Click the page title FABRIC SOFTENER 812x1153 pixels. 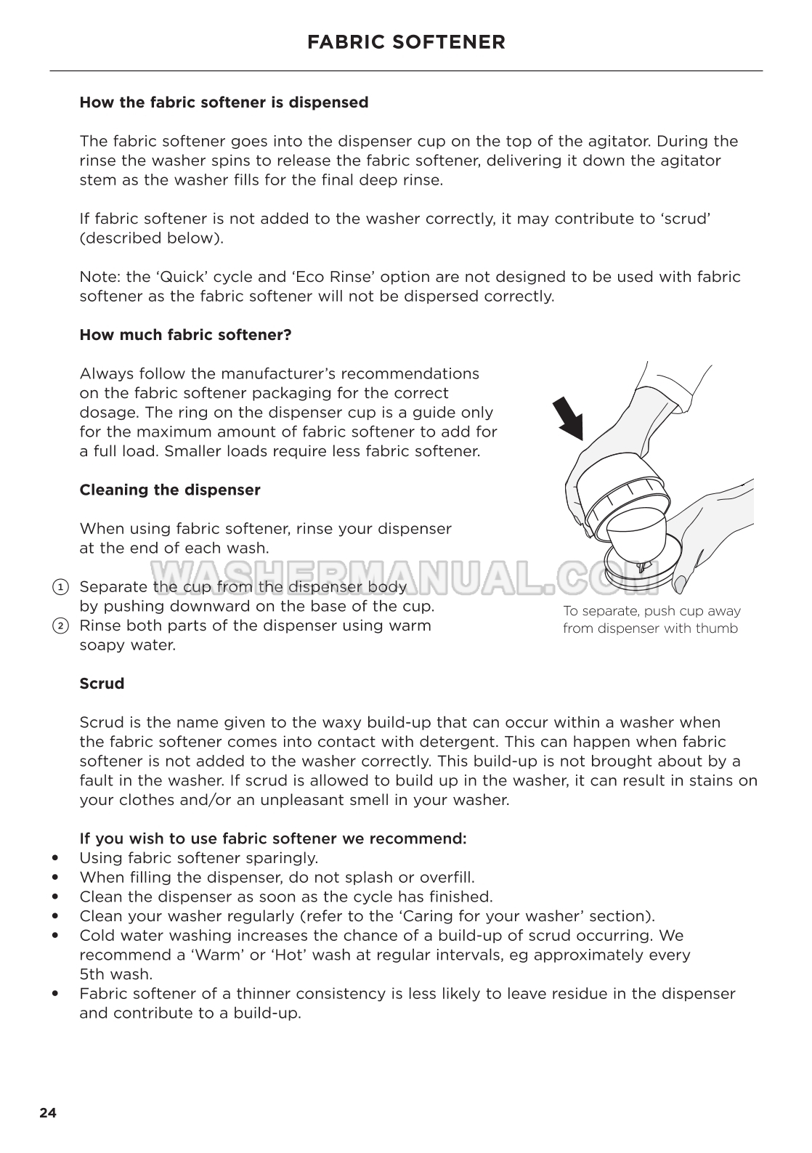406,42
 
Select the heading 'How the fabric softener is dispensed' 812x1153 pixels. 224,102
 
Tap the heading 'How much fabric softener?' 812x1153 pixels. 185,335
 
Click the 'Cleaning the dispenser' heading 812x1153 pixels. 169,490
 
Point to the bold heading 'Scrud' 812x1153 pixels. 102,684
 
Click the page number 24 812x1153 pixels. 48,1112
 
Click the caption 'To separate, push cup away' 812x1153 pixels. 651,611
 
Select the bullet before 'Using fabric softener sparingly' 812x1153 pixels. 55,858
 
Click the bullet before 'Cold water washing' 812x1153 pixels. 55,936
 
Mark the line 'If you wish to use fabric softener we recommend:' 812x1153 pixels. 272,838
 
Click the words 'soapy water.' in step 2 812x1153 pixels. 127,645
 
